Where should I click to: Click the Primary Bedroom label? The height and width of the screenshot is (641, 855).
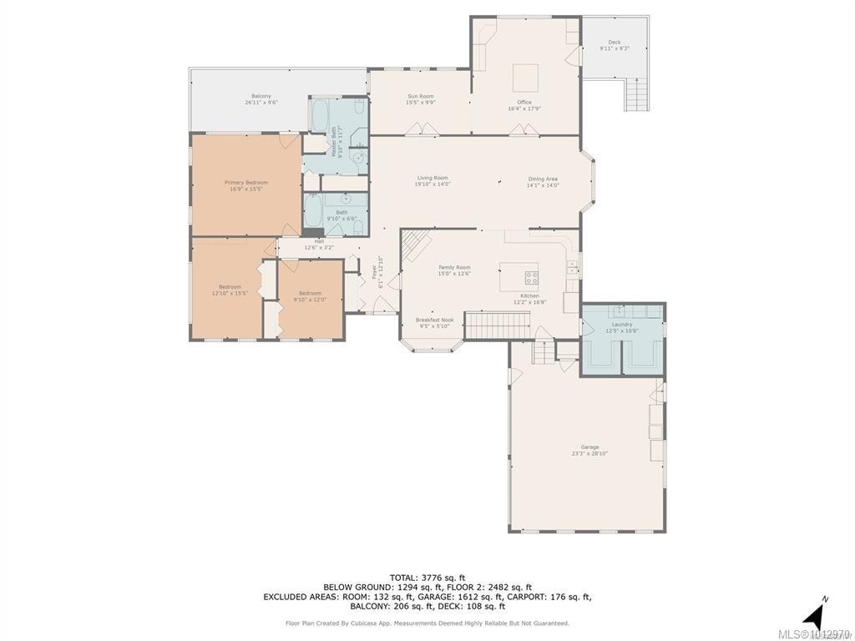pos(246,185)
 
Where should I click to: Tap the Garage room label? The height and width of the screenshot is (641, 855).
pos(590,451)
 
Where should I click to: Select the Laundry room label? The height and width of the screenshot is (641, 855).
pos(622,327)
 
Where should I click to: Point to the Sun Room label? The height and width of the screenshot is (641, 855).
pos(420,99)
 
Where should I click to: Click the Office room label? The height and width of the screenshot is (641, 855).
pos(524,105)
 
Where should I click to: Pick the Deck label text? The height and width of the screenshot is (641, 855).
pos(615,45)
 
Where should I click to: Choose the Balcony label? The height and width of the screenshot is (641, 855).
pos(261,99)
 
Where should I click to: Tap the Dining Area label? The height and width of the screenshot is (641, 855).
pos(543,182)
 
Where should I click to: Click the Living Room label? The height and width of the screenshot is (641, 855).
pos(433,180)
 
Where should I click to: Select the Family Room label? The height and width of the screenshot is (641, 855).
pos(455,270)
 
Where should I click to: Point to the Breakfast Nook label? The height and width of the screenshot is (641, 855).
pos(435,323)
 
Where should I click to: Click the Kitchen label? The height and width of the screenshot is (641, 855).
pos(530,299)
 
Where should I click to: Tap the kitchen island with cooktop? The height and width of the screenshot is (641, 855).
pos(520,276)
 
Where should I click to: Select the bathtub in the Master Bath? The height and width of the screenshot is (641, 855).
pos(321,115)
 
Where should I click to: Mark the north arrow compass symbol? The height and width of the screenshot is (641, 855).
pos(815,616)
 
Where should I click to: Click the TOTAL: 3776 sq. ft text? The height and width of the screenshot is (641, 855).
pos(427,578)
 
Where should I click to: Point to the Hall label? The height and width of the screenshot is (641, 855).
pos(319,244)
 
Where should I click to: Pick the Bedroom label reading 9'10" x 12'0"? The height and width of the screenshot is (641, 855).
pos(310,295)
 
